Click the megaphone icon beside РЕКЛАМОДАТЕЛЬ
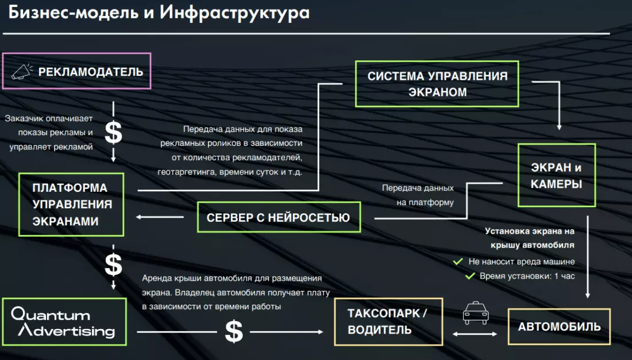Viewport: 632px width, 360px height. [22, 71]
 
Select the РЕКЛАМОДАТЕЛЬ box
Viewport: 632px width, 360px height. [77, 71]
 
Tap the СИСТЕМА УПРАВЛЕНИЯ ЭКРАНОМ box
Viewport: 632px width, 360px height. [437, 84]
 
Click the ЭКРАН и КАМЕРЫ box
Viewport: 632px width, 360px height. [556, 176]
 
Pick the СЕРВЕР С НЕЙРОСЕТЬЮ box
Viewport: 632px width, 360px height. [279, 218]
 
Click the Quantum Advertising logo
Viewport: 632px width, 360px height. [64, 322]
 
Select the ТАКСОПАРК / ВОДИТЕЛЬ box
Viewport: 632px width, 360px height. [388, 322]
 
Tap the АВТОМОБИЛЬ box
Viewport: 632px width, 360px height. [559, 327]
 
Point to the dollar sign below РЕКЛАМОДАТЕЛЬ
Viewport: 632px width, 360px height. [113, 133]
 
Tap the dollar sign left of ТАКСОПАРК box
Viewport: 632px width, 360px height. [233, 332]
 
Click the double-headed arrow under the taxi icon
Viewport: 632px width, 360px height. [475, 332]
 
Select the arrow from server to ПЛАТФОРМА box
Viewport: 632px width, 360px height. [160, 217]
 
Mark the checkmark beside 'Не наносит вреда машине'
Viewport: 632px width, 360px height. [458, 262]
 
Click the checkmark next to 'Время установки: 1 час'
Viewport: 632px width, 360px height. [469, 276]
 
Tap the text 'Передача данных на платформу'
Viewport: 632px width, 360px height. [418, 195]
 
